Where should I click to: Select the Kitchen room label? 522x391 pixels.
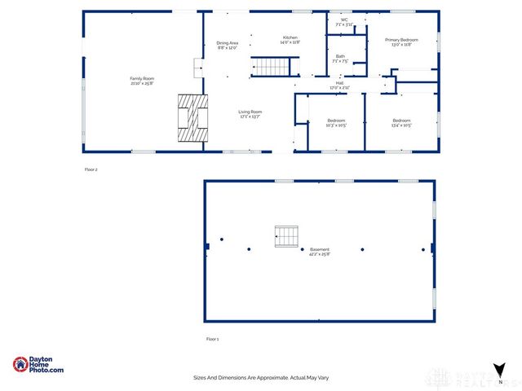291,37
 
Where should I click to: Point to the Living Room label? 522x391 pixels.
250,112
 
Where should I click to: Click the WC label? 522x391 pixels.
344,20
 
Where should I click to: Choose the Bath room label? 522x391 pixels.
340,56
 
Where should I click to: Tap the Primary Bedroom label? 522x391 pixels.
401,39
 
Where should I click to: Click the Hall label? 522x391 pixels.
338,83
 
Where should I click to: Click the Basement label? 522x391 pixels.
319,249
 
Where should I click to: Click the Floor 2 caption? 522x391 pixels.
91,169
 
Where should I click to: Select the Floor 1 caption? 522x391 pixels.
212,339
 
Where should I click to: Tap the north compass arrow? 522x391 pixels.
500,371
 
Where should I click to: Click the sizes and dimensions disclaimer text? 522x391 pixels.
260,378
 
